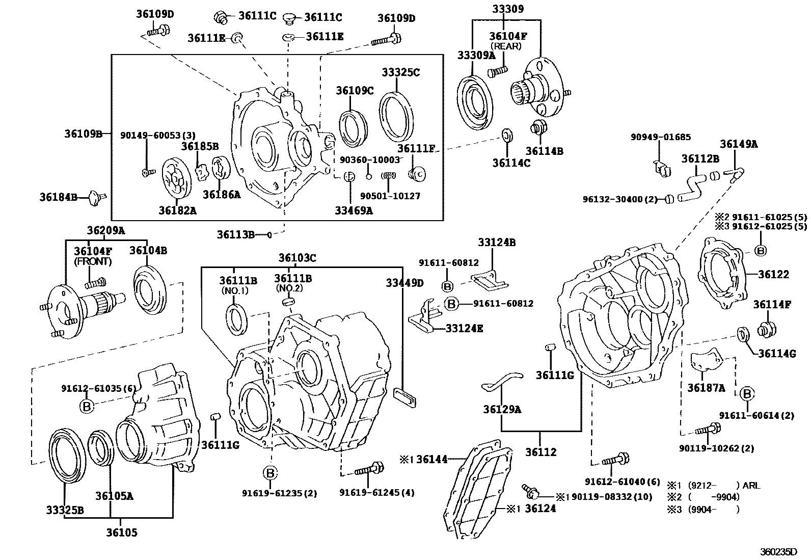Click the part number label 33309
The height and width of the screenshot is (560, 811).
(504, 9)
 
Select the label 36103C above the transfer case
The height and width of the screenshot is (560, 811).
(297, 258)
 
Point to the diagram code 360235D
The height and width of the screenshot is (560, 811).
(778, 551)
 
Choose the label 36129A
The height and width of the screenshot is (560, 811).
(502, 409)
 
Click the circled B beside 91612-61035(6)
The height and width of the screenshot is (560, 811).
(87, 406)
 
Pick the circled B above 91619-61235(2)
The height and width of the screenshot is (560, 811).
(271, 473)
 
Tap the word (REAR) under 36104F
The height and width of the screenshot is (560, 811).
(505, 46)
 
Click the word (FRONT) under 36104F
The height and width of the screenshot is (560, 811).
(93, 261)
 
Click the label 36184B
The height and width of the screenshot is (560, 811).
(58, 196)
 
